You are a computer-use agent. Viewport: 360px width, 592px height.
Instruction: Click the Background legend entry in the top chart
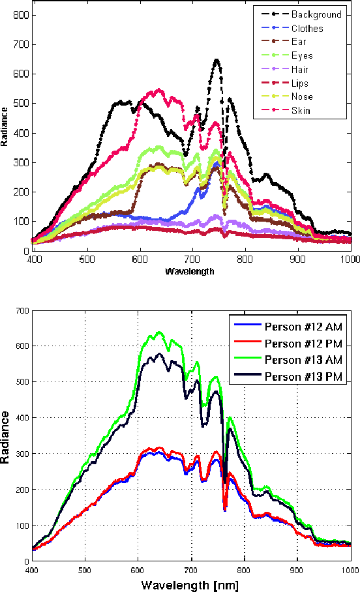tap(316, 14)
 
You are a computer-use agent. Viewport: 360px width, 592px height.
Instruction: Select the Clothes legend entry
tap(307, 29)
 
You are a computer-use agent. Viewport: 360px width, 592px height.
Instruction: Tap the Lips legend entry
tap(300, 83)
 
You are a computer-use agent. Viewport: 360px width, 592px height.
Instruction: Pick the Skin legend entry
tap(301, 111)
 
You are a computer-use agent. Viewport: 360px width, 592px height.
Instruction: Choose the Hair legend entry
tap(300, 70)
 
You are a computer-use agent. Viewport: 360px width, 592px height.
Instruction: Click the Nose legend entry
tap(302, 97)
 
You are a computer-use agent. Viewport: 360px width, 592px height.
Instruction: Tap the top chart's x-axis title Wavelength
tap(189, 271)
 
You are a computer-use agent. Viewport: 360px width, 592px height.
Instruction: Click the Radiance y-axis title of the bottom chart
tap(6, 436)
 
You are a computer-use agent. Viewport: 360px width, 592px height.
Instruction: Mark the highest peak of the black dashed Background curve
tap(216, 61)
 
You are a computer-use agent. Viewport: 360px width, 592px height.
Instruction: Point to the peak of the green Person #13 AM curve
tap(157, 333)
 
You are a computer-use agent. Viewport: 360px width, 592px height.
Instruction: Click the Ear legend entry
tap(298, 42)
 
